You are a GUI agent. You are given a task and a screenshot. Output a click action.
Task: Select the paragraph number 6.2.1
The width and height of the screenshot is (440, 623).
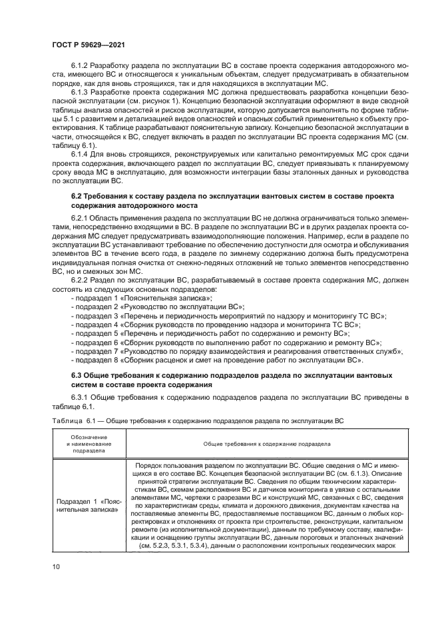(x=80, y=218)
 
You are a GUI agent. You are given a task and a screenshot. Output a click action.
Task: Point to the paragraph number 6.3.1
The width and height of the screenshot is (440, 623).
(x=80, y=397)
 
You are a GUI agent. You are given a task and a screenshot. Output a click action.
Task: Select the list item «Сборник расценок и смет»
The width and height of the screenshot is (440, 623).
(x=216, y=360)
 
